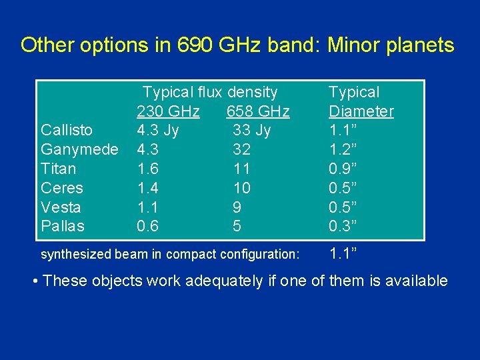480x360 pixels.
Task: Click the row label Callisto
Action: (67, 130)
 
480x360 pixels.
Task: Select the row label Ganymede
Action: (79, 149)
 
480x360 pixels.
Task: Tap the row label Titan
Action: (59, 169)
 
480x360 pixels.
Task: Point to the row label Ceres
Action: (62, 188)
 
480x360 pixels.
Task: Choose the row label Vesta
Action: (61, 207)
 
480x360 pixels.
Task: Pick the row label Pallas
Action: (63, 227)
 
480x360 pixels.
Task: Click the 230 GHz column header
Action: (168, 111)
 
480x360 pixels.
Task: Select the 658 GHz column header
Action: (258, 111)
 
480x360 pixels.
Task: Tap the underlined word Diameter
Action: (361, 111)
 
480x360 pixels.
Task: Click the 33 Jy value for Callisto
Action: (251, 130)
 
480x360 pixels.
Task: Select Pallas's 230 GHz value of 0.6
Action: (147, 227)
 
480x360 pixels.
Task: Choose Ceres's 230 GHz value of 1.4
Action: (147, 188)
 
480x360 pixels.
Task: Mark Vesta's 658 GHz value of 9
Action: (237, 207)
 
